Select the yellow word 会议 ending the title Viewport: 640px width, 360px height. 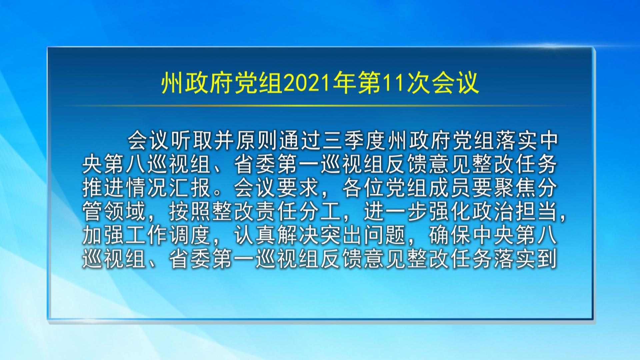tap(456, 83)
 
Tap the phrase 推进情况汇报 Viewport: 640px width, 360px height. tap(147, 188)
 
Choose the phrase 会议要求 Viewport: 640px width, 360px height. tap(277, 188)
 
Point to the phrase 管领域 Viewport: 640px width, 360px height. tap(115, 212)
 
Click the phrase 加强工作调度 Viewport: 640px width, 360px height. tap(147, 235)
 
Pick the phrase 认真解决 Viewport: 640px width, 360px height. tap(277, 235)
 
